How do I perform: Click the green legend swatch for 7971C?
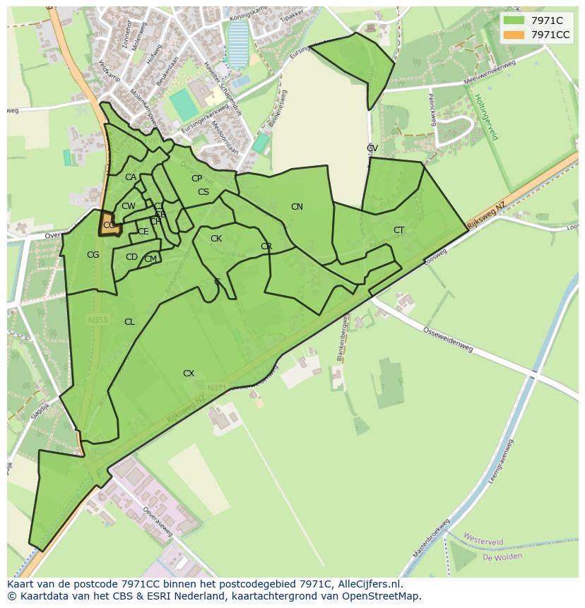pos(514,20)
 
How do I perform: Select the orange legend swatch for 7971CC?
pos(514,35)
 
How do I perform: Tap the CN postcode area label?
pos(297,207)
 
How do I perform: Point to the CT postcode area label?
pos(399,230)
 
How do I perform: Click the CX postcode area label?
pos(189,374)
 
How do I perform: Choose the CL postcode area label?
pos(129,322)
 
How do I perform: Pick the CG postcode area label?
pos(93,255)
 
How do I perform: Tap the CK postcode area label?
pos(216,239)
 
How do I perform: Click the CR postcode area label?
pos(266,246)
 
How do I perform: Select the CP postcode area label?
pos(196,179)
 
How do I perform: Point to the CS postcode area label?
pos(203,192)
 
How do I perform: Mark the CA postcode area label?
pos(131,177)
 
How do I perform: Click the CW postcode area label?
pos(128,206)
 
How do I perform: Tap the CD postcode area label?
pos(131,257)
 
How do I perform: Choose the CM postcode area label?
pos(150,259)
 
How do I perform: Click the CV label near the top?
pos(372,148)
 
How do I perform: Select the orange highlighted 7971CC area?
pos(109,225)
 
